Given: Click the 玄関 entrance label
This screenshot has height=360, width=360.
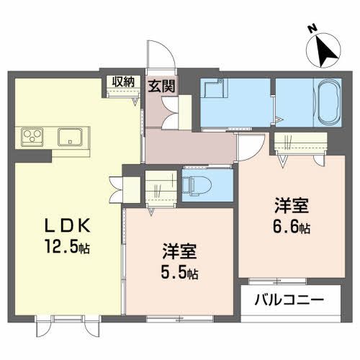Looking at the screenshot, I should (x=161, y=86).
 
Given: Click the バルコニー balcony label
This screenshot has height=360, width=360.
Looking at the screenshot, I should (x=287, y=298).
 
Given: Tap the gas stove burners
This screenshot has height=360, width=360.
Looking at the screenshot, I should (x=33, y=135).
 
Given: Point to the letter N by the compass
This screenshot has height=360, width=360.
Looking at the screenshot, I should (x=312, y=30).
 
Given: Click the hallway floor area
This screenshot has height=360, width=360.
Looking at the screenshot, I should (x=191, y=148).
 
